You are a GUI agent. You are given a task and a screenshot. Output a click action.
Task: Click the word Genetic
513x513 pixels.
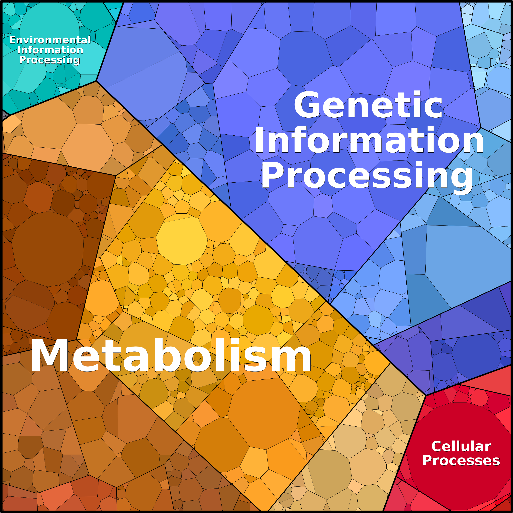(368, 105)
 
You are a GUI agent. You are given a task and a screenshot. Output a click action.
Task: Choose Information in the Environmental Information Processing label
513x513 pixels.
(50, 50)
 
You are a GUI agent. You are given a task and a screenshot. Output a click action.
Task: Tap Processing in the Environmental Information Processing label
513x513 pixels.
(50, 60)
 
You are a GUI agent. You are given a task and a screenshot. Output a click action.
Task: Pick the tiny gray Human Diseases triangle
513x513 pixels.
(4, 116)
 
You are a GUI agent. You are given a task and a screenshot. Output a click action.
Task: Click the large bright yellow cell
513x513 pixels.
(182, 240)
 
